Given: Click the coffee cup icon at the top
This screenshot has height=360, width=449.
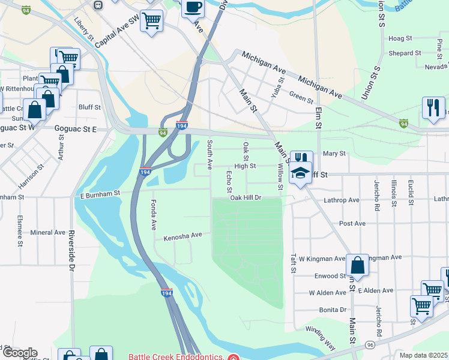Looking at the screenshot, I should (x=193, y=8).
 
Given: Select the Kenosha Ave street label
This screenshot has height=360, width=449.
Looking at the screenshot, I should (x=182, y=236).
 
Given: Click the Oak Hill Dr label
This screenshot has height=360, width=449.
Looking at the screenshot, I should (x=246, y=197).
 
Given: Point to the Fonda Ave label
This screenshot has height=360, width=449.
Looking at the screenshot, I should (x=154, y=215).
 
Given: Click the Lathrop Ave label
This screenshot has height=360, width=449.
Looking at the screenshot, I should (x=341, y=200).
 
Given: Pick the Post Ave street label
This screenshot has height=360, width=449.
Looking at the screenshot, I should (x=352, y=223).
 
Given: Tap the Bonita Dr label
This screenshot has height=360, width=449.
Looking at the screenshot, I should (x=334, y=310).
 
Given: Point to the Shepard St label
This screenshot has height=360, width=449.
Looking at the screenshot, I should (x=400, y=53).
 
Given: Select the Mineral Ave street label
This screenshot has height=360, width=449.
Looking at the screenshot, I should (x=47, y=232).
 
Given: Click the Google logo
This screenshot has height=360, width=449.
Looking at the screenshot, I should (x=19, y=353).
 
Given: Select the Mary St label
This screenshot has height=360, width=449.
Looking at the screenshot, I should (x=334, y=154).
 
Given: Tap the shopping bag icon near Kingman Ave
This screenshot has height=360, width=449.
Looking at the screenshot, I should (x=357, y=265).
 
